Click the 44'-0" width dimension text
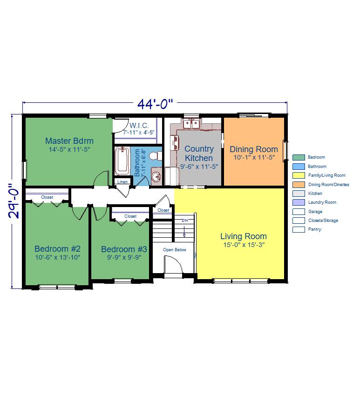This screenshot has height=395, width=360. click(155, 104)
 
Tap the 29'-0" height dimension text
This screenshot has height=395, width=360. click(14, 201)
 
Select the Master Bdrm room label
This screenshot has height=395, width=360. click(69, 141)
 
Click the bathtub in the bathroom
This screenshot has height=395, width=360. click(122, 161)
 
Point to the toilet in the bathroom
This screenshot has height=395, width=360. click(155, 156)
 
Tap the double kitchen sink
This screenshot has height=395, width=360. click(191, 124)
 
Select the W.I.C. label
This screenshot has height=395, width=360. click(139, 126)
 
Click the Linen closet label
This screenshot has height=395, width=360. click(122, 181)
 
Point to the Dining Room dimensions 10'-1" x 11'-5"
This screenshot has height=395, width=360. click(254, 157)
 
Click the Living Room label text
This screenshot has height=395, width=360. click(244, 236)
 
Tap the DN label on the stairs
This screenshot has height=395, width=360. click(185, 221)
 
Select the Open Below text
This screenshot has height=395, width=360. click(175, 250)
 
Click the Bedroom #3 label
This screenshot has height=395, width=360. click(124, 249)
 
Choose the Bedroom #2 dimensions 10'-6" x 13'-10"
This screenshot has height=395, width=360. click(58, 257)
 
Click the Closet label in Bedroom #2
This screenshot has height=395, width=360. click(47, 197)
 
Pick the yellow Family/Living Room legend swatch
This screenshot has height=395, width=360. click(299, 175)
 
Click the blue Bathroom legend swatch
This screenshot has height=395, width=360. click(299, 167)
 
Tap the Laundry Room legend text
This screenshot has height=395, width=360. click(322, 202)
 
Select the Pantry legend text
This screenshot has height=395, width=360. click(315, 229)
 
